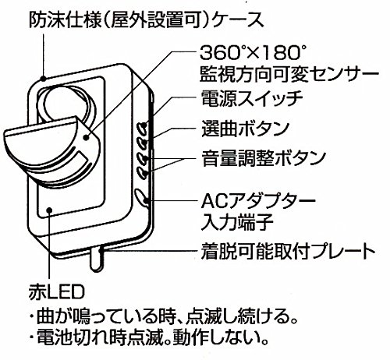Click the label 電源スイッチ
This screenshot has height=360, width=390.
[252, 99]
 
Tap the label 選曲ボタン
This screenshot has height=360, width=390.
[246, 129]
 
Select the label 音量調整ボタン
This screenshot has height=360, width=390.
[264, 158]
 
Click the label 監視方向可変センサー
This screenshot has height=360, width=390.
[289, 75]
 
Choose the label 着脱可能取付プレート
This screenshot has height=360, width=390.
[288, 252]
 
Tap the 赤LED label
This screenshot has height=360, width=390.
[57, 292]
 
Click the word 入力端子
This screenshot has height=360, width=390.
[237, 222]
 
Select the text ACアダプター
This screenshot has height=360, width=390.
[258, 200]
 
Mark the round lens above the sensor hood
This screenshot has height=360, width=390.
[66, 103]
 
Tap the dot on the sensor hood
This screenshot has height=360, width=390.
[86, 138]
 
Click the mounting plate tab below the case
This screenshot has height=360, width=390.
[96, 259]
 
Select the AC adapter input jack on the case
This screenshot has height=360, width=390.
[140, 196]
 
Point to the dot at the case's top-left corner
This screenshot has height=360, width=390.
[44, 78]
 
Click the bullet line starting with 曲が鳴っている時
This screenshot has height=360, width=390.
[164, 316]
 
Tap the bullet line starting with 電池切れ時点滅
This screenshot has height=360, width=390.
[148, 337]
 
